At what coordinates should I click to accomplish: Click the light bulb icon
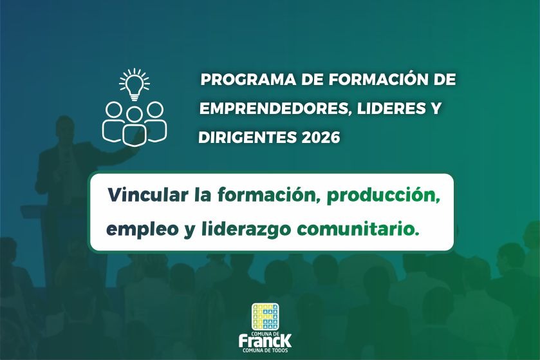[x=135, y=84]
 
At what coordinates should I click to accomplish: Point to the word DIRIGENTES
[x=247, y=138]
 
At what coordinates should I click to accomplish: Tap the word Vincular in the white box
[x=148, y=195]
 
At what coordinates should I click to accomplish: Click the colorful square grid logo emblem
[x=265, y=317]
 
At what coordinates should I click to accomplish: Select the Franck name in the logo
[x=265, y=341]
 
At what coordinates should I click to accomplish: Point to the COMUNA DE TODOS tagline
[x=265, y=350]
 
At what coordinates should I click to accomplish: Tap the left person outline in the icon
[x=114, y=122]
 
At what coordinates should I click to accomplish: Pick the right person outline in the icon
[x=156, y=122]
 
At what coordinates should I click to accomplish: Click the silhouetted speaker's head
[x=65, y=127]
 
